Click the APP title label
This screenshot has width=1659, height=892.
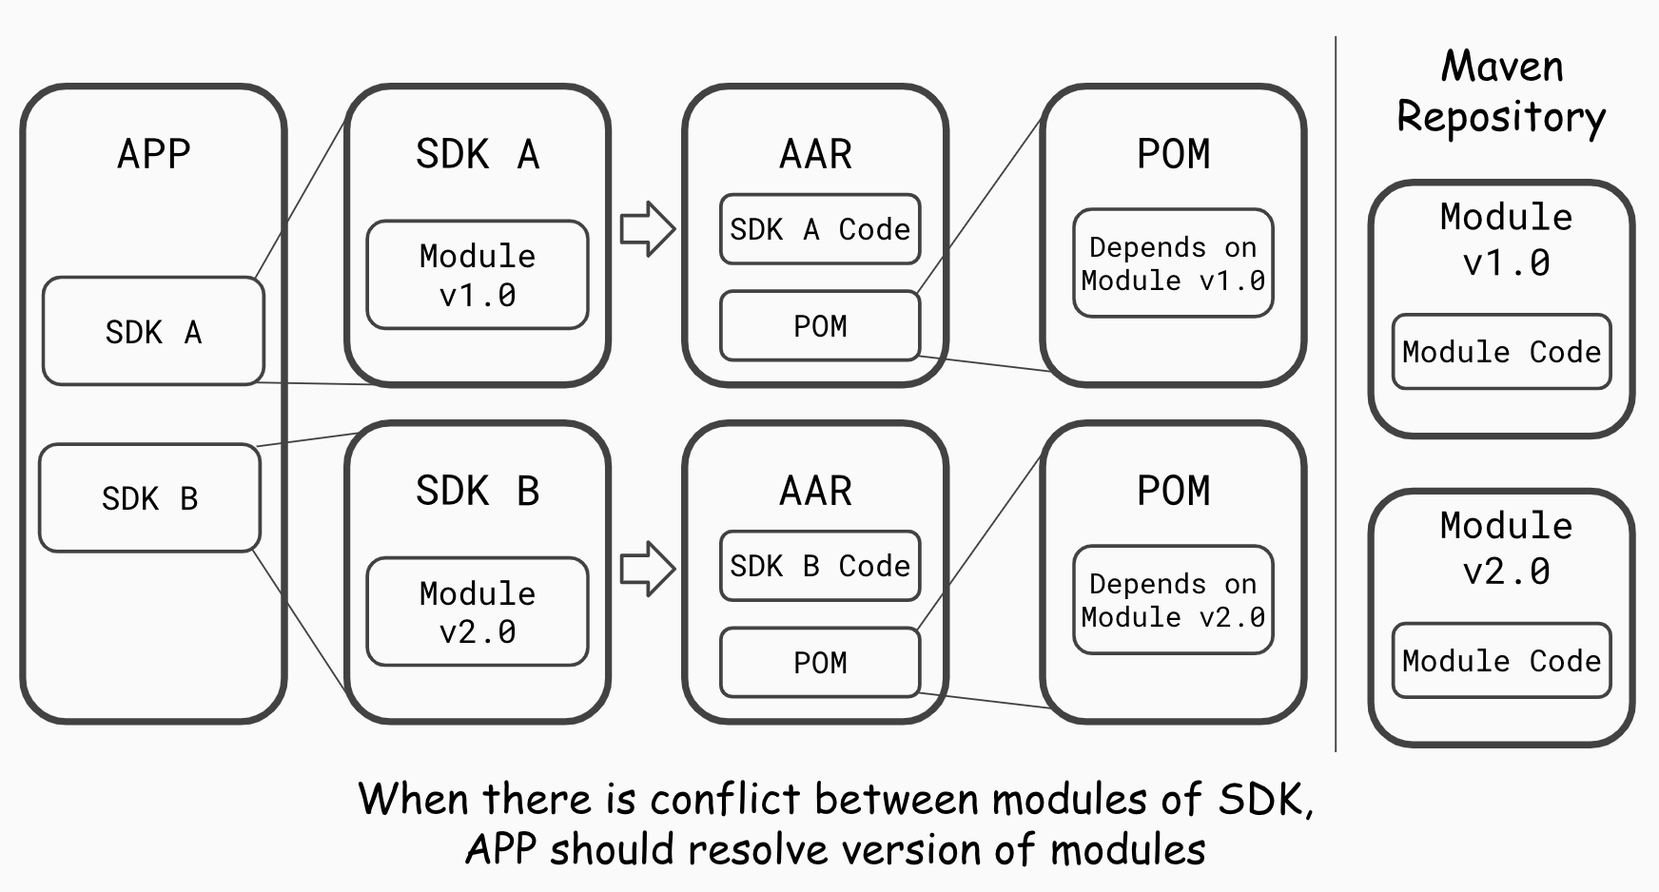tap(154, 154)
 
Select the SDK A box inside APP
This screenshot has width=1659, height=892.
tap(153, 332)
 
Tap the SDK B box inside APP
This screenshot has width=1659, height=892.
tap(149, 498)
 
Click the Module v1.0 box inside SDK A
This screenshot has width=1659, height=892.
tap(478, 276)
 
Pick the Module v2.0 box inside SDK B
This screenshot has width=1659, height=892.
tap(478, 612)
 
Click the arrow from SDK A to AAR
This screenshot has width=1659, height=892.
tap(648, 229)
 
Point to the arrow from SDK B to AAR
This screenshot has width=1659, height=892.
tap(648, 569)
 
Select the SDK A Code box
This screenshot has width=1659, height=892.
tap(820, 229)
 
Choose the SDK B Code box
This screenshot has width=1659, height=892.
tap(820, 567)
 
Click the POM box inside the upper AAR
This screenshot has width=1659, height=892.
tap(820, 326)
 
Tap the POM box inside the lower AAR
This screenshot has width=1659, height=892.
tap(820, 663)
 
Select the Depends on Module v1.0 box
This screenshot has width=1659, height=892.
tap(1173, 263)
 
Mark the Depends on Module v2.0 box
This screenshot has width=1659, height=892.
tap(1173, 600)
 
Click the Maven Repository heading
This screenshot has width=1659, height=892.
tap(1501, 92)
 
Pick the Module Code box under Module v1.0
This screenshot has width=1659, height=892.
tap(1501, 352)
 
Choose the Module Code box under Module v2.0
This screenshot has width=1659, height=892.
tap(1501, 661)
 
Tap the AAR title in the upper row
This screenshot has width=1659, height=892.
tap(815, 154)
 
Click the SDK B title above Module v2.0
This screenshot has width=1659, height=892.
tap(478, 491)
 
